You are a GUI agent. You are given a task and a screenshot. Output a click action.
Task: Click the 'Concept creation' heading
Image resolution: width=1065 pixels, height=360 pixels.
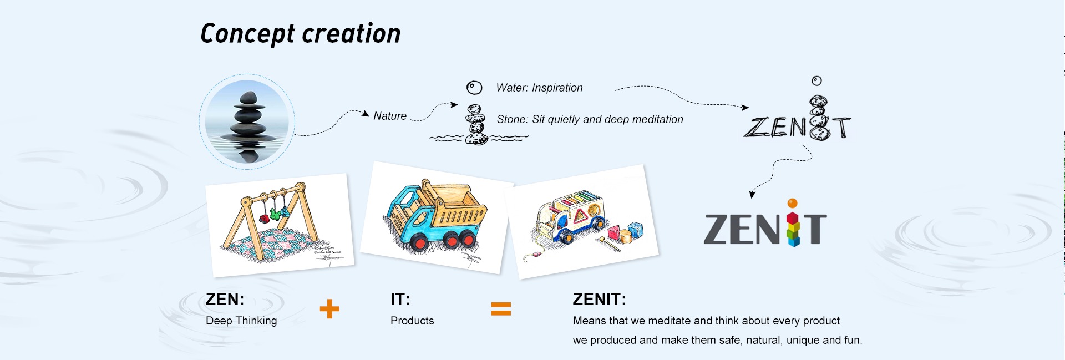click(300, 34)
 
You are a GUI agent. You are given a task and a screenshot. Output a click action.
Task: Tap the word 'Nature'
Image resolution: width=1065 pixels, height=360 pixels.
click(390, 116)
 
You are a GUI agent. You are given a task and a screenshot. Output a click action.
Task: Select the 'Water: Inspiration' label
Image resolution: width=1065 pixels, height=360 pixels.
click(539, 88)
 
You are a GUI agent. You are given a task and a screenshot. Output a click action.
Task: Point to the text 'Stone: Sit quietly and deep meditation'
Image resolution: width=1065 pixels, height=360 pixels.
click(590, 119)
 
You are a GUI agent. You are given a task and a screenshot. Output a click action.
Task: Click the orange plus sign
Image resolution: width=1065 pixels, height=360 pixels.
click(329, 309)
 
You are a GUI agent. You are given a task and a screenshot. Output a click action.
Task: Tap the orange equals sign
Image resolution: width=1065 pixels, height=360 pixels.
click(501, 309)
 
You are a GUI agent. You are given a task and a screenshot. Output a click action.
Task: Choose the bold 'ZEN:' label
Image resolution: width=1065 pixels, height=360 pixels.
click(225, 300)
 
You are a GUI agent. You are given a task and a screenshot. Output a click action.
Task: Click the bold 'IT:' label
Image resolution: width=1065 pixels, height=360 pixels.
click(400, 300)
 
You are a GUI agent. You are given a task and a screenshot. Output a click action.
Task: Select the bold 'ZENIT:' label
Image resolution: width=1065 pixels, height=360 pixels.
click(599, 300)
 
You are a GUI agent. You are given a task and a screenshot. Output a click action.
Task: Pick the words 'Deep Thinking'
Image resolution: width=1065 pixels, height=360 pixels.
click(241, 321)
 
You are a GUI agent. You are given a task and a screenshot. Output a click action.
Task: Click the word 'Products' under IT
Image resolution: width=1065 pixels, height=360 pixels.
click(412, 321)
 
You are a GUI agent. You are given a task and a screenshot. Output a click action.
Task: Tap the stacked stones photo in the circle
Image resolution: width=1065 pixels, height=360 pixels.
click(247, 121)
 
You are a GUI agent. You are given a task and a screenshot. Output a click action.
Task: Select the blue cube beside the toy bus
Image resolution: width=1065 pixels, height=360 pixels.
click(636, 229)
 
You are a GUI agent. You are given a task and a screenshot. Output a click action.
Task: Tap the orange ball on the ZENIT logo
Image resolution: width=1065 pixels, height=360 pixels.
click(793, 204)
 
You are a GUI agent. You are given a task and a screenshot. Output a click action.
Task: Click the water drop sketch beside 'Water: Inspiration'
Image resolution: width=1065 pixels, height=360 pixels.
click(474, 88)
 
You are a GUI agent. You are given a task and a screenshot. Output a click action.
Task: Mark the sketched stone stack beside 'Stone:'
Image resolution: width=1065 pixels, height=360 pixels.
click(476, 125)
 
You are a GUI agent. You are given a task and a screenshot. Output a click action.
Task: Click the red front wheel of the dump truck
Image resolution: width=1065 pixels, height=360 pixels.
click(420, 243)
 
